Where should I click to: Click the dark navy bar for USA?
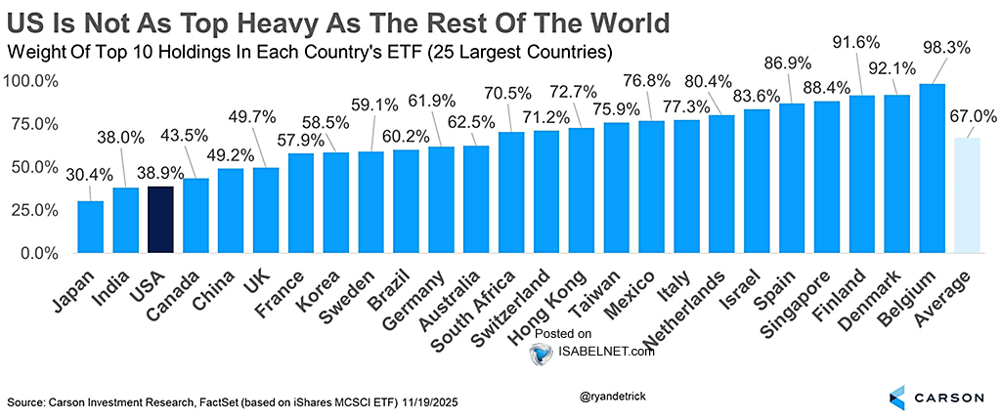pyautogui.click(x=160, y=220)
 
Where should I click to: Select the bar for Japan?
pyautogui.click(x=90, y=227)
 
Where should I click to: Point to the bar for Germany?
pyautogui.click(x=441, y=200)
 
